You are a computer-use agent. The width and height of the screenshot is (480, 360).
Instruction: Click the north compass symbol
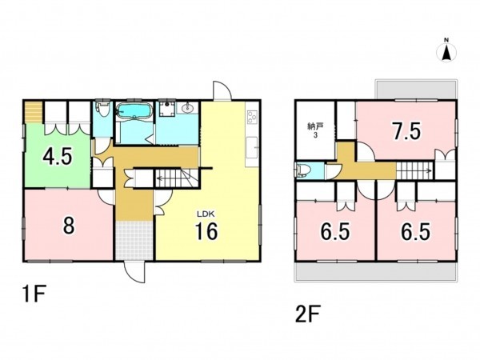pyautogui.click(x=446, y=51)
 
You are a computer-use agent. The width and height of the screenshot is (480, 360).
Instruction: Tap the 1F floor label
pyautogui.click(x=34, y=294)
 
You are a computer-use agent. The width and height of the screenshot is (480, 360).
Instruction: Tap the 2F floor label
pyautogui.click(x=307, y=314)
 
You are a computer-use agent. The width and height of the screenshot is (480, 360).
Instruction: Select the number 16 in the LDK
pyautogui.click(x=206, y=231)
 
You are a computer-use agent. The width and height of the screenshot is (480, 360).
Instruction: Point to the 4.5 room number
pyautogui.click(x=58, y=156)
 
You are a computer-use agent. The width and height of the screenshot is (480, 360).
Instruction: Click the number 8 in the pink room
pyautogui.click(x=68, y=226)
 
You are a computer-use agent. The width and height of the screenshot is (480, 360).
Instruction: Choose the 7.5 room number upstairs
pyautogui.click(x=407, y=130)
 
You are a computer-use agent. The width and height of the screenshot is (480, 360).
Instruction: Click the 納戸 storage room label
pyautogui.click(x=315, y=126)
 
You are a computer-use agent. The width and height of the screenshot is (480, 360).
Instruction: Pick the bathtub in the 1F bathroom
pyautogui.click(x=134, y=111)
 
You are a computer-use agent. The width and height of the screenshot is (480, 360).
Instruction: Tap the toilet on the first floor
pyautogui.click(x=102, y=109)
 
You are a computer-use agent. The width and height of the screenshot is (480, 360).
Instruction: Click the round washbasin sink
pyautogui.click(x=187, y=108)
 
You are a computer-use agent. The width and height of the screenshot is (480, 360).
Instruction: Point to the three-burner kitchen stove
pyautogui.click(x=252, y=117)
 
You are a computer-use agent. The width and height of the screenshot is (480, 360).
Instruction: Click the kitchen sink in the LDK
pyautogui.click(x=252, y=147)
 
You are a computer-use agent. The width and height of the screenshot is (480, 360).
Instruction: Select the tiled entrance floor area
pyautogui.click(x=134, y=240)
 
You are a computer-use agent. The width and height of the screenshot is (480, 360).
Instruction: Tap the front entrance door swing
pyautogui.click(x=134, y=272)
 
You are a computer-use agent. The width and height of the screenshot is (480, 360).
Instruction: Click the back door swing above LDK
pyautogui.click(x=222, y=90)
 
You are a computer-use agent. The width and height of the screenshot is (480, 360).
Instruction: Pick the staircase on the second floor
pyautogui.click(x=415, y=170)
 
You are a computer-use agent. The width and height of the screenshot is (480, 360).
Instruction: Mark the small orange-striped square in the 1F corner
pyautogui.click(x=33, y=112)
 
